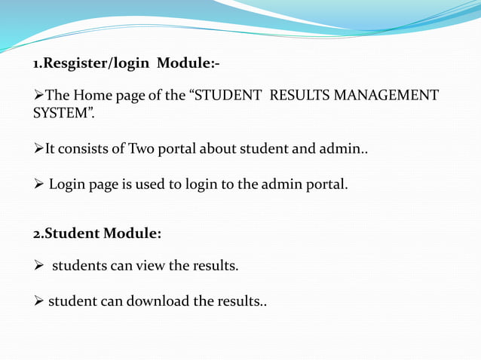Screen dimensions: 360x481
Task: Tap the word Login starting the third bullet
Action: click(x=67, y=182)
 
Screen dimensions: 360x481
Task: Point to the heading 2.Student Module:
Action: click(x=97, y=233)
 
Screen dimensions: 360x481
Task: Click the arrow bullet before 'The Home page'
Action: click(x=38, y=96)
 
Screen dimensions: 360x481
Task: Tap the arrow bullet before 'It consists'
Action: click(x=38, y=148)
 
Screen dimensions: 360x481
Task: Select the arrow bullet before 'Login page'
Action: click(x=38, y=182)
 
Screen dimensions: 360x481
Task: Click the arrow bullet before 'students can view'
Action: click(x=38, y=265)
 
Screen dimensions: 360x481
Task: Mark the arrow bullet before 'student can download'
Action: click(x=38, y=301)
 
